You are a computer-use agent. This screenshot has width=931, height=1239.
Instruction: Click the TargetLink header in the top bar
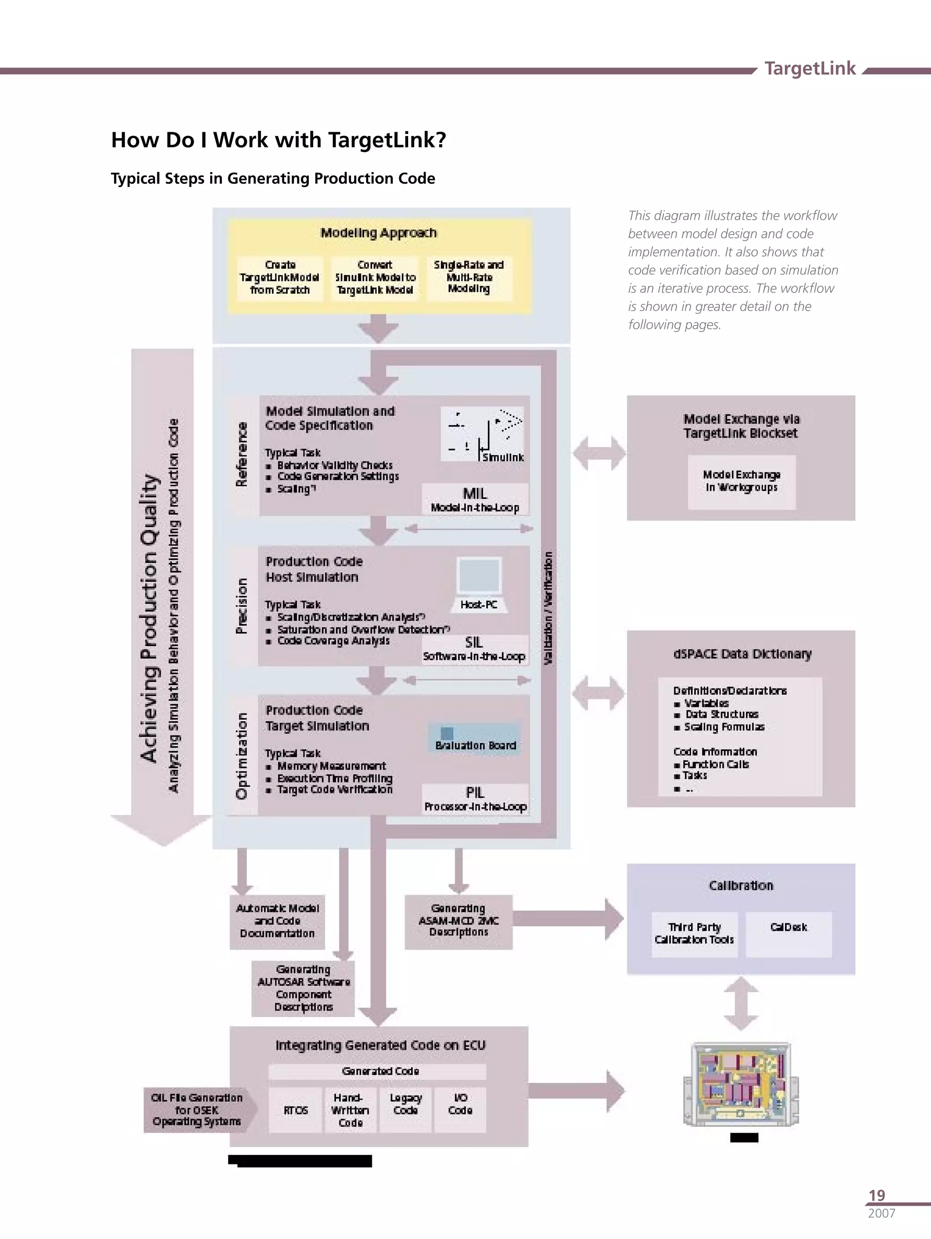coord(810,68)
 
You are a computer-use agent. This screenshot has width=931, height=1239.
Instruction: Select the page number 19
coord(876,1195)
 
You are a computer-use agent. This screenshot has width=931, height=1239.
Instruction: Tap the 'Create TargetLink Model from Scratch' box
coord(280,278)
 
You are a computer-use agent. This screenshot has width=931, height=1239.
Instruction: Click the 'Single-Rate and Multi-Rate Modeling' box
coord(469,277)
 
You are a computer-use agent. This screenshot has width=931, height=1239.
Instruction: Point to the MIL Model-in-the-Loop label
coord(475,500)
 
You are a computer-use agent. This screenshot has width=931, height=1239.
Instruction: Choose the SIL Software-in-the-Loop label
coord(474,649)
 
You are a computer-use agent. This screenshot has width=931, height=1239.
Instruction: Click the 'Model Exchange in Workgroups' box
coord(741,482)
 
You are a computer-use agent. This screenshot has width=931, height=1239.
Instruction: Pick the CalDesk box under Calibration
coord(788,934)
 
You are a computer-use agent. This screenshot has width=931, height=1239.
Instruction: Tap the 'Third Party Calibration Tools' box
coord(694,934)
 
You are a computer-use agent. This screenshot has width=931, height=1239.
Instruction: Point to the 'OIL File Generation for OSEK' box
coord(197,1109)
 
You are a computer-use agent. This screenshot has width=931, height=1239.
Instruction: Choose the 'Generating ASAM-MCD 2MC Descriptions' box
coord(458,922)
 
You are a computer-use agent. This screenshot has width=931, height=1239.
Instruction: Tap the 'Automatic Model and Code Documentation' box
coord(277,922)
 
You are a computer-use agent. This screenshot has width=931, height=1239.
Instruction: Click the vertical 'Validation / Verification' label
coord(548,608)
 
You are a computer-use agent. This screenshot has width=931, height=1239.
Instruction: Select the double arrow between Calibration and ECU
coord(741,1003)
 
